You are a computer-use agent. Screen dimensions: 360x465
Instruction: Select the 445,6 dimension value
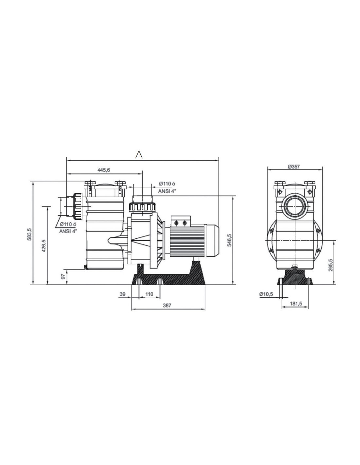tap(104, 170)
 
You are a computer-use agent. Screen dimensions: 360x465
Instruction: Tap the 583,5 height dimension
tap(29, 234)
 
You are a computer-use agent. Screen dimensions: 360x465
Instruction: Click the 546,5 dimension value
tap(229, 240)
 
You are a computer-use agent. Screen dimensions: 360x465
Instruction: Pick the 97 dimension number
tap(63, 277)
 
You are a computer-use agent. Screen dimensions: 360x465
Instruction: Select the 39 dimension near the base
tap(122, 294)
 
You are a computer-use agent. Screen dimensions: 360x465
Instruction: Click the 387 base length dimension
tap(167, 305)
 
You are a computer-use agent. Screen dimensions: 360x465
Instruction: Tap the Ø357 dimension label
tap(294, 167)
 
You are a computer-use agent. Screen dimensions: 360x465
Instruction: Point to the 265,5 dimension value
tap(330, 265)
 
